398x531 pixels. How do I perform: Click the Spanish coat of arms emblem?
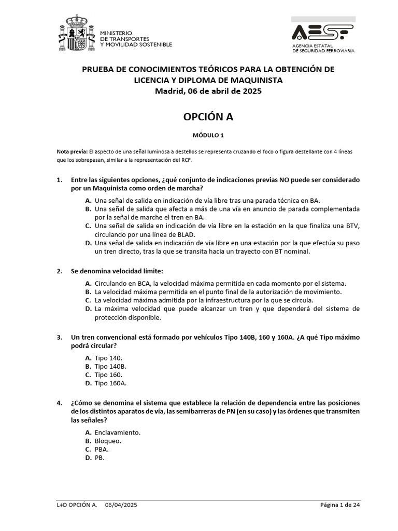click(77, 35)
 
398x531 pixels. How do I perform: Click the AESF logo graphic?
click(322, 32)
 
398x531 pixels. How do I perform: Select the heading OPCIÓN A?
click(208, 117)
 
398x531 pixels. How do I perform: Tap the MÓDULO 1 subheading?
click(208, 135)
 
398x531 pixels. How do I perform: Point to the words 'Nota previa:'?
click(72, 151)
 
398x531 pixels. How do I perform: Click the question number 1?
click(59, 180)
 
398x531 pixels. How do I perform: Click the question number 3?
click(59, 337)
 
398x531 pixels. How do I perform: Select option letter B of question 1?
click(88, 209)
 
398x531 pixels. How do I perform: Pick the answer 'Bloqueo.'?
click(108, 441)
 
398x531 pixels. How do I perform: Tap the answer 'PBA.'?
click(102, 450)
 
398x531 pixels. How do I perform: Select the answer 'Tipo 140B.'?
click(110, 366)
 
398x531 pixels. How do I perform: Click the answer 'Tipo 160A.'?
click(110, 383)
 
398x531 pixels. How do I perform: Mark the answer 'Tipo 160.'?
click(108, 374)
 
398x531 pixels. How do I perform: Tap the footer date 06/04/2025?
click(121, 505)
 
